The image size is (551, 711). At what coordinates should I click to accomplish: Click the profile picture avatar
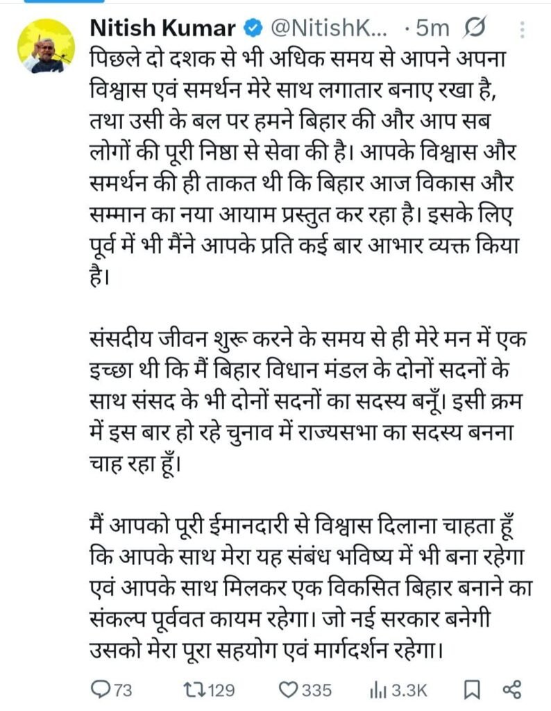46,46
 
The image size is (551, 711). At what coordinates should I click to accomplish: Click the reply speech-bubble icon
101,689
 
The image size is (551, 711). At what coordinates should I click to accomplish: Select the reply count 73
123,690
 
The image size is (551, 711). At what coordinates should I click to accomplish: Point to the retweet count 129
221,690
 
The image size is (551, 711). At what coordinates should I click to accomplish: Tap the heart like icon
287,689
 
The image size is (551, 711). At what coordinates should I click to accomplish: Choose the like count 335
317,690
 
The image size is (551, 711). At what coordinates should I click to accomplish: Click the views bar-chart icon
378,689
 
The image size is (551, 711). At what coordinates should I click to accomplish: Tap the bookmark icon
472,689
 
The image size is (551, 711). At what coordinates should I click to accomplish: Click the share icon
512,689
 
